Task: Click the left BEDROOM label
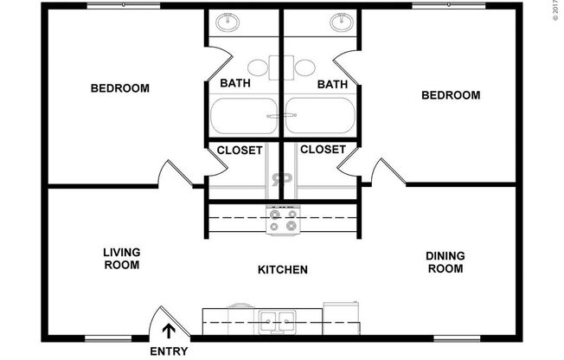120,88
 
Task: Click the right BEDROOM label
450,95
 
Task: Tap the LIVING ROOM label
122,259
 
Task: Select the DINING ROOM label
445,261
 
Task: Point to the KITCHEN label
283,270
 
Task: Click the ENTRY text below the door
169,351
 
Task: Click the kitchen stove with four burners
283,220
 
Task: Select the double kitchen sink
278,323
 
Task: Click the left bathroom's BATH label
236,84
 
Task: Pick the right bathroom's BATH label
332,84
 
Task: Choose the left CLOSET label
240,150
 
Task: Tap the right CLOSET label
324,149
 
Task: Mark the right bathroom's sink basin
342,22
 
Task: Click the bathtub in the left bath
242,116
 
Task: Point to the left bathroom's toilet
257,67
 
